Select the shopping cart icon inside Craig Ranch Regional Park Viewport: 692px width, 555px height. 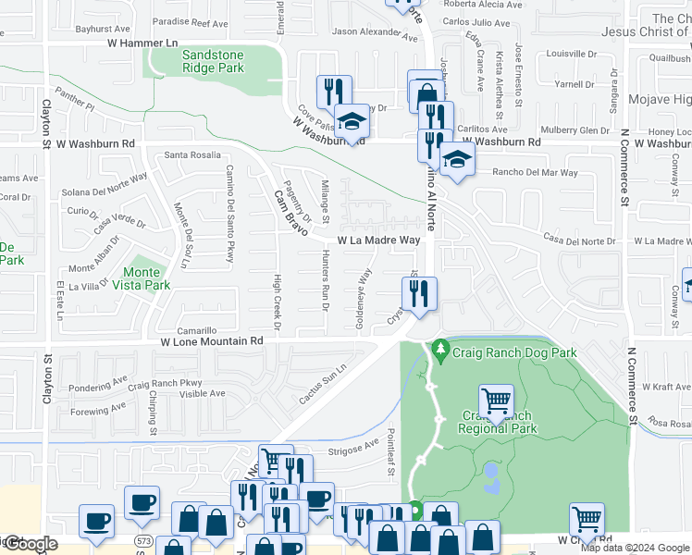point(497,401)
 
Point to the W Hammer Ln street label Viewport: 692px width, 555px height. point(142,43)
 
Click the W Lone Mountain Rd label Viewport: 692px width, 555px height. point(212,341)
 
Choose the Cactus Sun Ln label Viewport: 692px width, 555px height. point(322,384)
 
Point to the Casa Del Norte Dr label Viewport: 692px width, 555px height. point(579,240)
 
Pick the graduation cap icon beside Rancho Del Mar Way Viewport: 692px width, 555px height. point(456,159)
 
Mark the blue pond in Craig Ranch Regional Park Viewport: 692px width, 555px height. point(490,477)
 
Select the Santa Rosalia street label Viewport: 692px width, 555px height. point(192,154)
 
